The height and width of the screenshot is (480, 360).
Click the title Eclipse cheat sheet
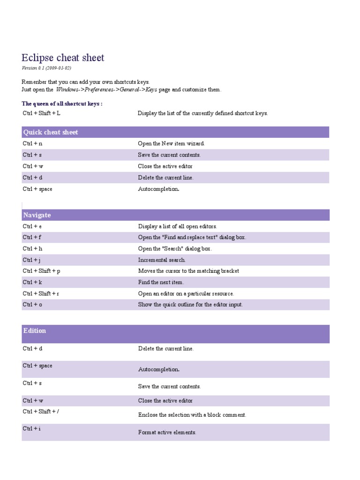63,58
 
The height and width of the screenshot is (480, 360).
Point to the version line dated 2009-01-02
46,68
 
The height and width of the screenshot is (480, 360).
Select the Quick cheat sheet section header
51,132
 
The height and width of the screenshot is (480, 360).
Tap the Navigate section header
37,215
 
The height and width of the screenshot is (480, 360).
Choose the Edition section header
35,331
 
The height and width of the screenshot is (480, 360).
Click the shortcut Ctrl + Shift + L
42,113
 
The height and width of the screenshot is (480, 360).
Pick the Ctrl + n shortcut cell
32,143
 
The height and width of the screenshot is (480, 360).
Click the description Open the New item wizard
171,143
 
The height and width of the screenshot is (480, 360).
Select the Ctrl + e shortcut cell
32,226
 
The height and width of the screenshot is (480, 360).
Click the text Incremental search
162,260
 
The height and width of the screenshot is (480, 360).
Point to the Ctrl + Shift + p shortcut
41,271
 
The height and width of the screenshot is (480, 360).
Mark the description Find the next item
161,282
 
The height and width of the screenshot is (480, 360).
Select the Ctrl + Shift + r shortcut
41,293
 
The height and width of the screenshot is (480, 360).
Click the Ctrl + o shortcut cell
32,305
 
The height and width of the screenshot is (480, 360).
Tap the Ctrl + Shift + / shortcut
41,412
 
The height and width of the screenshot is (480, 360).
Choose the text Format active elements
167,432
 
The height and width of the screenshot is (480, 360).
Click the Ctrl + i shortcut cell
31,428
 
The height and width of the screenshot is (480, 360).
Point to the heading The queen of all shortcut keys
62,104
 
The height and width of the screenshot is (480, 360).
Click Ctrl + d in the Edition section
32,349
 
